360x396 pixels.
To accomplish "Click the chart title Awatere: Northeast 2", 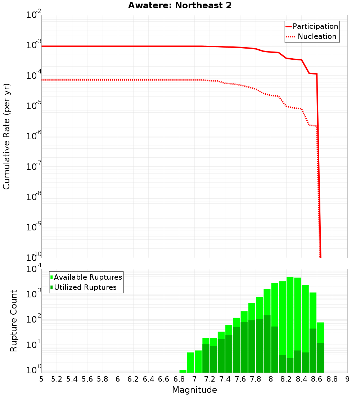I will [180, 6].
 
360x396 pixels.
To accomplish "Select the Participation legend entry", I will [315, 26].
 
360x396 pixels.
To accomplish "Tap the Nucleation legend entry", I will [316, 36].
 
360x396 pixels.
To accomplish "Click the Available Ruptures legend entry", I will [87, 277].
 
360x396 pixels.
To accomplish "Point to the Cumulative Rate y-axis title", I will [6, 136].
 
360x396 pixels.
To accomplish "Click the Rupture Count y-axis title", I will [14, 321].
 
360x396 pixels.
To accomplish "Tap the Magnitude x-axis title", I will [194, 390].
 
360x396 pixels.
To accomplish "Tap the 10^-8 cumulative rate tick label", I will [34, 197].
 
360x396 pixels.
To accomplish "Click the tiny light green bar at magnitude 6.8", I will [183, 371].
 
